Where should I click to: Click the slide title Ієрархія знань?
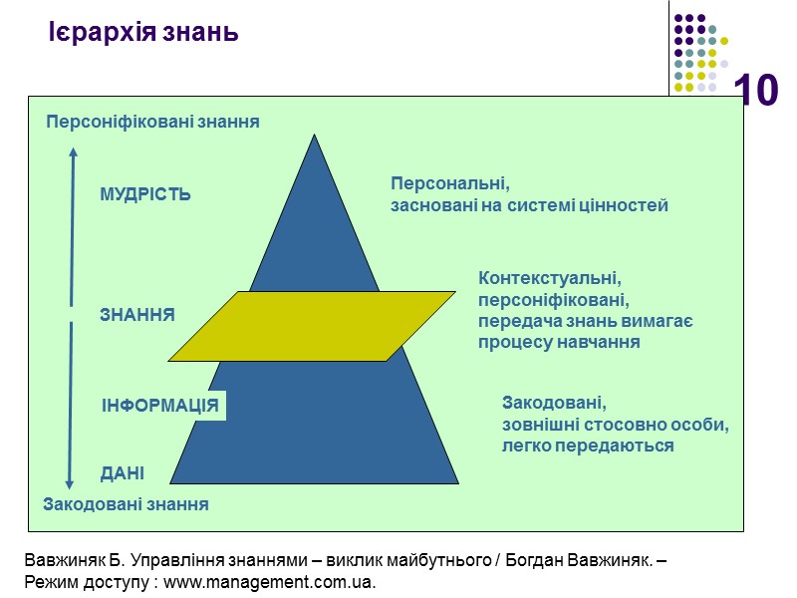pyautogui.click(x=143, y=33)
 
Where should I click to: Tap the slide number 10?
pyautogui.click(x=756, y=92)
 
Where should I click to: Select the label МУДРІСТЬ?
pyautogui.click(x=145, y=195)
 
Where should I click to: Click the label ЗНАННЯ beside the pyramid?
pyautogui.click(x=137, y=315)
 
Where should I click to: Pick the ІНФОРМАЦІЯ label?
pyautogui.click(x=160, y=406)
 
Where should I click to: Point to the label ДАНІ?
pyautogui.click(x=123, y=473)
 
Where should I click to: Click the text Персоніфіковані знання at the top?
pyautogui.click(x=152, y=122)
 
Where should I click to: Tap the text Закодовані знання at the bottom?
pyautogui.click(x=127, y=504)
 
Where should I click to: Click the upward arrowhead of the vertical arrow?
pyautogui.click(x=72, y=152)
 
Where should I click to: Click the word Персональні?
pyautogui.click(x=449, y=184)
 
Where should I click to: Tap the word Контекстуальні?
pyautogui.click(x=550, y=277)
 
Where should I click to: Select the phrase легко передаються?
pyautogui.click(x=588, y=447)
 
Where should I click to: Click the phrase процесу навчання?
pyautogui.click(x=559, y=342)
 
